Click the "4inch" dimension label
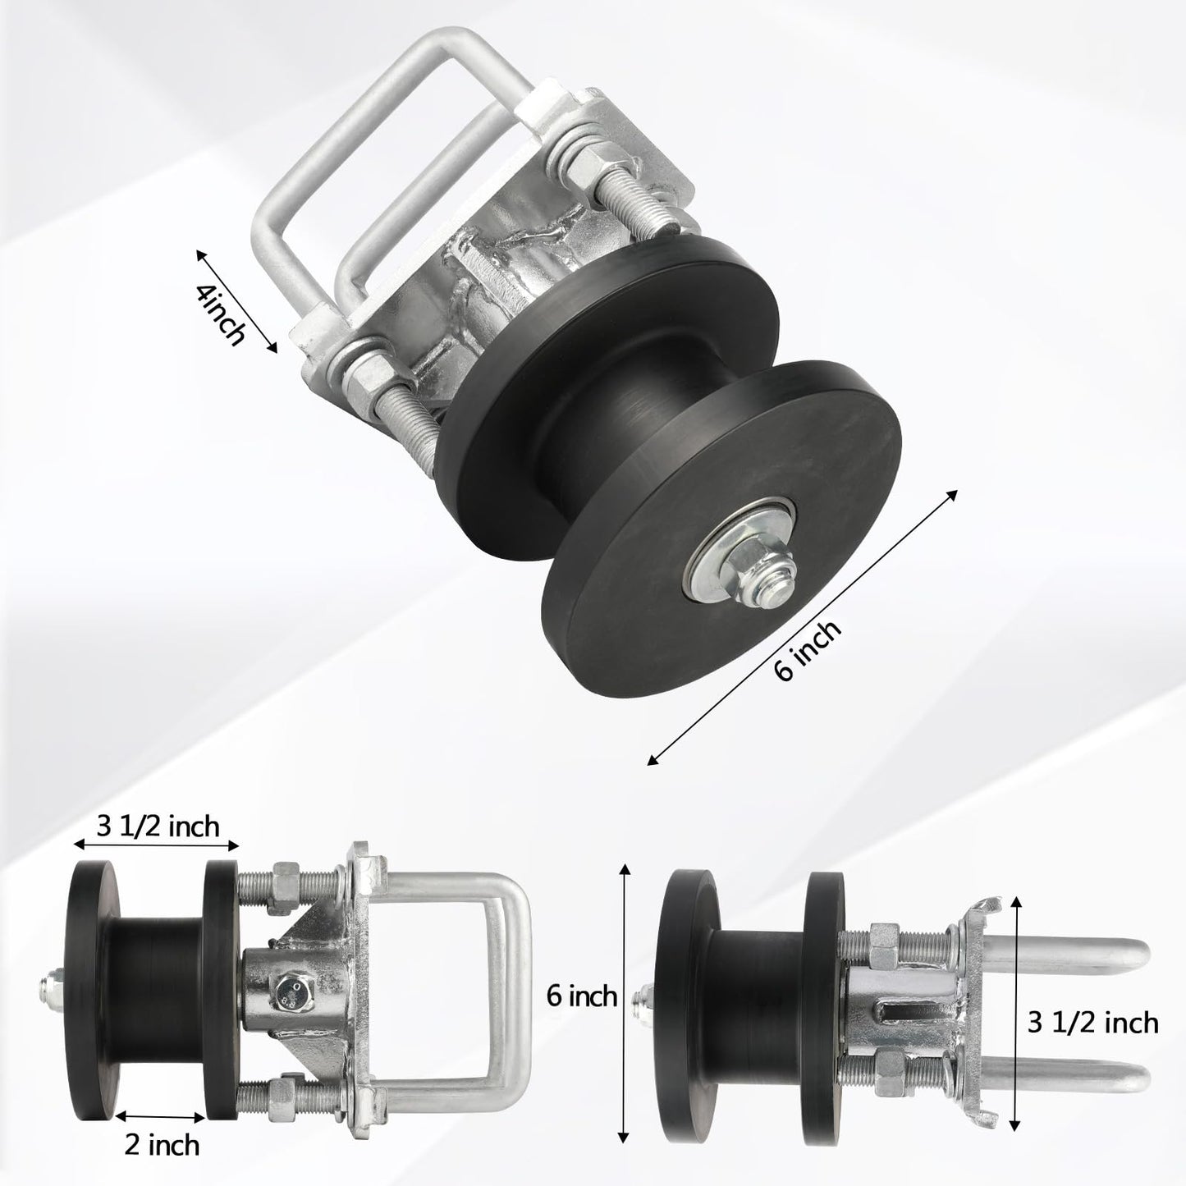click(x=221, y=314)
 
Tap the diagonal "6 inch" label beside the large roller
click(x=807, y=650)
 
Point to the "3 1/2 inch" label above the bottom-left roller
click(x=158, y=827)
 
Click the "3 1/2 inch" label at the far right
click(x=1092, y=1023)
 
